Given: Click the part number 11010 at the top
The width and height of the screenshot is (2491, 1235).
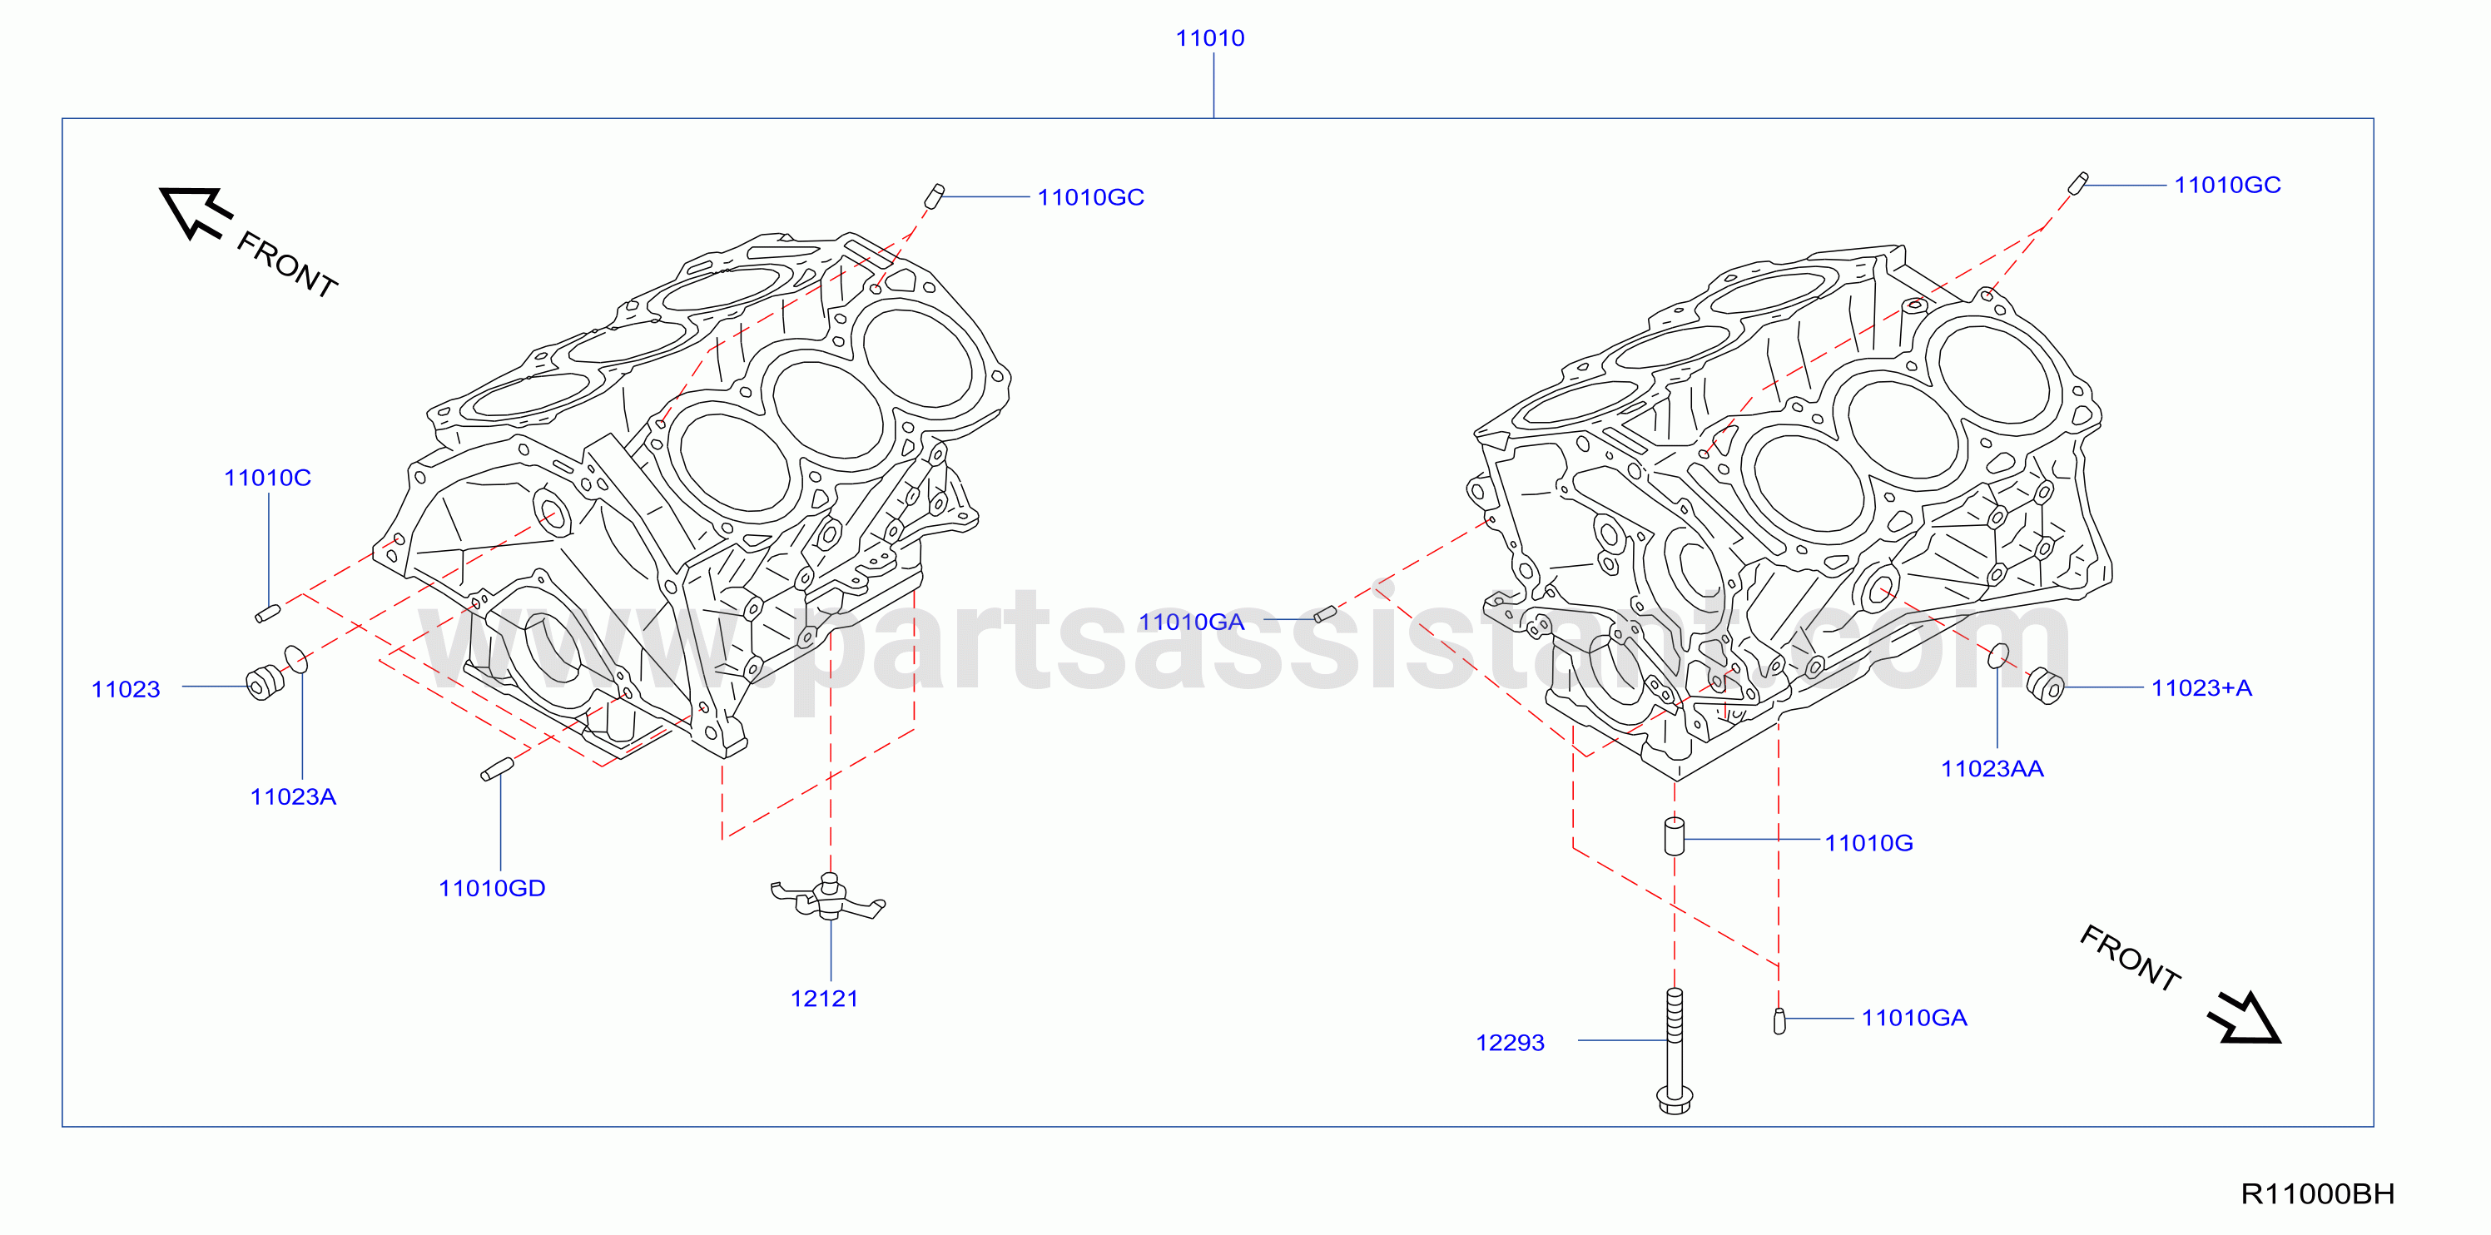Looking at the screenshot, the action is pyautogui.click(x=1210, y=38).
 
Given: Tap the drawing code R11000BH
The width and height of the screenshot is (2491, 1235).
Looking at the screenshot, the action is pyautogui.click(x=2317, y=1194).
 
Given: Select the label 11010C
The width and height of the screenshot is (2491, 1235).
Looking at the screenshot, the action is pyautogui.click(x=267, y=478).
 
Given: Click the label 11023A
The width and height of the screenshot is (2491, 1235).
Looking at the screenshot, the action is pyautogui.click(x=293, y=797).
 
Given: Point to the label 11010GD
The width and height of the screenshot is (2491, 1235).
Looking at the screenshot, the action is pyautogui.click(x=492, y=888).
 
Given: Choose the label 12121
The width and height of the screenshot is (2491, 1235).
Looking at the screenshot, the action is pyautogui.click(x=824, y=999).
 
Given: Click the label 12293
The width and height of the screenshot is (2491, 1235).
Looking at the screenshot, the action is pyautogui.click(x=1510, y=1043).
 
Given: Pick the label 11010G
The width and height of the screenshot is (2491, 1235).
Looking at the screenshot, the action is pyautogui.click(x=1868, y=843).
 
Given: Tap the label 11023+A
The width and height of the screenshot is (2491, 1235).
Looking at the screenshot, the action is pyautogui.click(x=2202, y=687).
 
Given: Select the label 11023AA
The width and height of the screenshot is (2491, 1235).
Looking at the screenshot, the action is pyautogui.click(x=1992, y=769).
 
